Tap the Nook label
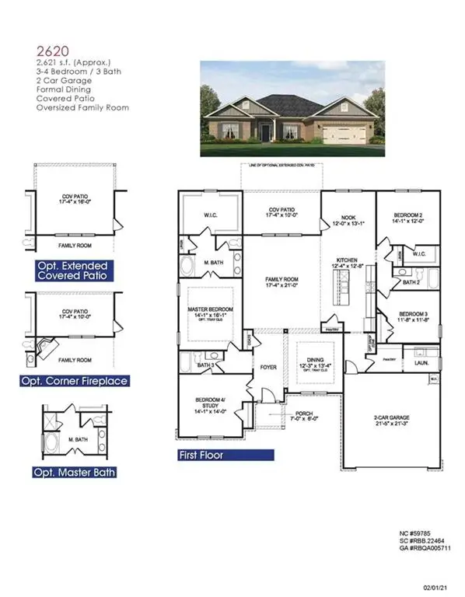pyautogui.click(x=348, y=220)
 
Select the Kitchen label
pyautogui.click(x=348, y=264)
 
